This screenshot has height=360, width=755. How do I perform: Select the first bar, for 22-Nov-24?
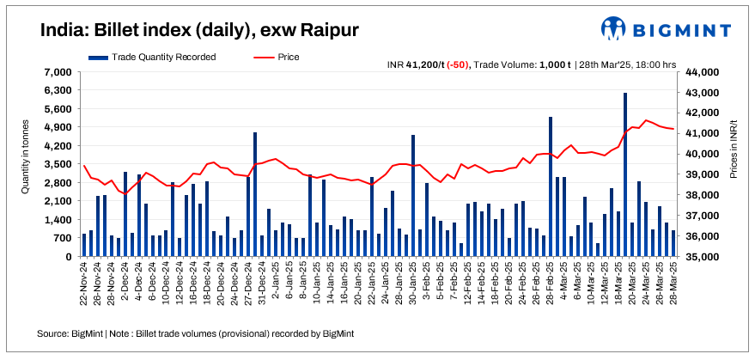pyautogui.click(x=84, y=245)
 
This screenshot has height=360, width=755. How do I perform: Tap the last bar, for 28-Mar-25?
pyautogui.click(x=673, y=243)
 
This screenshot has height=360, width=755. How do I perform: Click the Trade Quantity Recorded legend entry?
pyautogui.click(x=152, y=57)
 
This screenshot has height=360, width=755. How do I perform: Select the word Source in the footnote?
pyautogui.click(x=53, y=333)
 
